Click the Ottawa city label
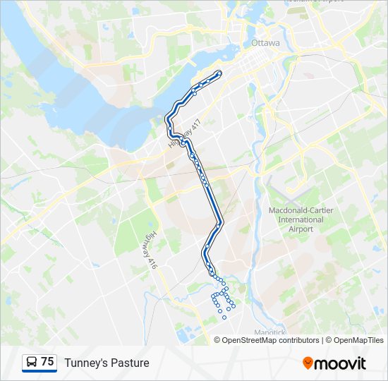pos(265,43)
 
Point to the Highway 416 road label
pos(150,250)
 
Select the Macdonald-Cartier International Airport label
pos(296,219)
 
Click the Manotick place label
pos(269,332)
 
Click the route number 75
pos(47,362)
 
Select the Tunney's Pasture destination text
pos(107,363)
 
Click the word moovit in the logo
pos(340,363)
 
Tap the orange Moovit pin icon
pos(308,363)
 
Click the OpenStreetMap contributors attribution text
pos(270,340)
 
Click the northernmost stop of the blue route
pos(219,73)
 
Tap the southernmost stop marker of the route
pos(224,317)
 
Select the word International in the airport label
pos(296,219)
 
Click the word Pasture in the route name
pos(131,363)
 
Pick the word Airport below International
pos(296,229)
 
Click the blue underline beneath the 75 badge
pos(40,371)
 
